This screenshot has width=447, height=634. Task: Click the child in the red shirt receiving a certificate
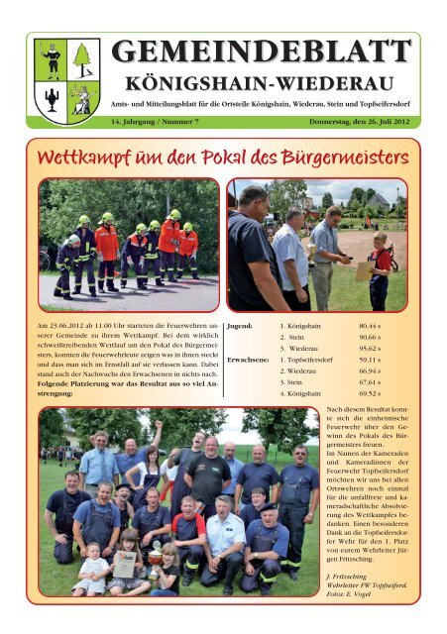coord(380,268)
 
